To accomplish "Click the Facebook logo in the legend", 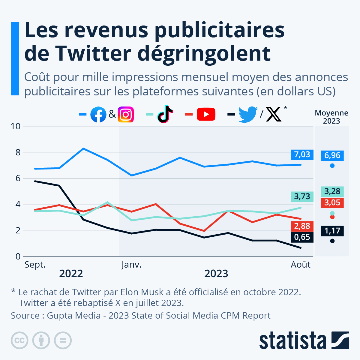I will click(x=98, y=114).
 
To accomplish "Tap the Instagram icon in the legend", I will click(x=126, y=114).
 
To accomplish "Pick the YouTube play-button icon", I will click(x=206, y=114).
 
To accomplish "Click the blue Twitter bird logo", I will click(x=248, y=114).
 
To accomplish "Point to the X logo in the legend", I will click(x=274, y=114).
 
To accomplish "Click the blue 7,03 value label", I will click(x=302, y=154).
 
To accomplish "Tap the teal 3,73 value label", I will click(x=302, y=196).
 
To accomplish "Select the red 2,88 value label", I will click(x=302, y=226).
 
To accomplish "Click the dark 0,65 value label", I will click(x=302, y=237).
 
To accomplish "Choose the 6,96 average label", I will click(x=332, y=155).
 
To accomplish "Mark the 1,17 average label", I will click(x=332, y=231).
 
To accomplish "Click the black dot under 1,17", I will click(x=332, y=241).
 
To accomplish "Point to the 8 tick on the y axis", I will click(x=18, y=152).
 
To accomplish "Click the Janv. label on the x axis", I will click(x=131, y=265).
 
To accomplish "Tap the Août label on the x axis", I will click(x=301, y=265).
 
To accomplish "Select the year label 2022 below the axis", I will click(x=71, y=274).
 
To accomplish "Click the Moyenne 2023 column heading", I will click(x=331, y=117).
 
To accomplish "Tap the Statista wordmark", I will click(x=292, y=340).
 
